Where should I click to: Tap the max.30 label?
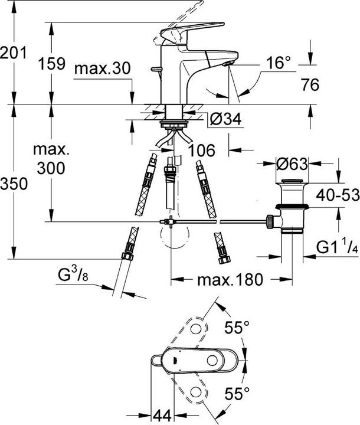[102, 68]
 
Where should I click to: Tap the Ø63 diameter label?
[291, 164]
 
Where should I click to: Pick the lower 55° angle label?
[239, 391]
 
